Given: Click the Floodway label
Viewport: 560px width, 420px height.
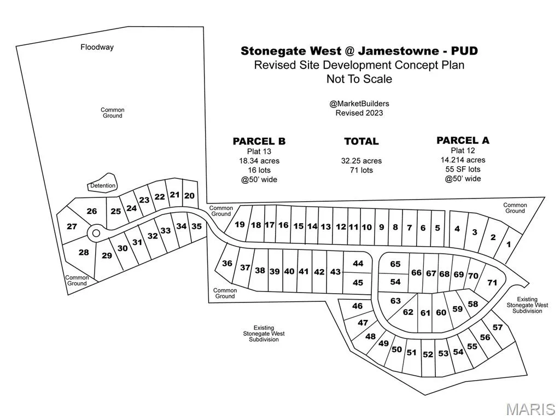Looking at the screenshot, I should tap(97, 47).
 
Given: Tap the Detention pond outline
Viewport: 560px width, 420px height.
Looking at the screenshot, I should tap(103, 185).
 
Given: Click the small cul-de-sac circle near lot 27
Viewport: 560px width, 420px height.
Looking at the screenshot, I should tap(96, 233).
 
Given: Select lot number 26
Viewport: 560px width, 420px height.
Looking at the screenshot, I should tap(91, 211).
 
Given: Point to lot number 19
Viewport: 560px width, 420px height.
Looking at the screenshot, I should tap(240, 224).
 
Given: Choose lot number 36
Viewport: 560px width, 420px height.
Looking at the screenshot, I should tap(227, 263).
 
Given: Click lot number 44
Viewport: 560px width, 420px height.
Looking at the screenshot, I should tap(358, 263).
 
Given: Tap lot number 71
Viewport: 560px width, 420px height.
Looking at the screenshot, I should tap(492, 282).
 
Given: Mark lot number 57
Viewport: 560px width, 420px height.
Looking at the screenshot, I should tap(497, 327).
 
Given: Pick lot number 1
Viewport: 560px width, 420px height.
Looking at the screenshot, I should tap(509, 244).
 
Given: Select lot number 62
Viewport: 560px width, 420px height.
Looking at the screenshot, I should tap(408, 312).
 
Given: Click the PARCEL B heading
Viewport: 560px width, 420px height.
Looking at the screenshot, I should tap(259, 141).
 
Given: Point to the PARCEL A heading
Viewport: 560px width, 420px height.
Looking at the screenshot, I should tap(463, 141).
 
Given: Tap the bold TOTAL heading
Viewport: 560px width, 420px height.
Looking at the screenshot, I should tap(361, 141).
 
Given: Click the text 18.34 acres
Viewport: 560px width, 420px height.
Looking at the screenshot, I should tap(259, 161).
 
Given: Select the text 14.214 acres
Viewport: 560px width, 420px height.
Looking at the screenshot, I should tap(463, 160).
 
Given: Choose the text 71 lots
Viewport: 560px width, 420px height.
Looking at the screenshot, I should tap(361, 170).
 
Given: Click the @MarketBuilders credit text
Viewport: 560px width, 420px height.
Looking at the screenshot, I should tap(359, 103).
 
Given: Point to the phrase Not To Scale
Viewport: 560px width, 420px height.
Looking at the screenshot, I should tap(359, 79).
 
